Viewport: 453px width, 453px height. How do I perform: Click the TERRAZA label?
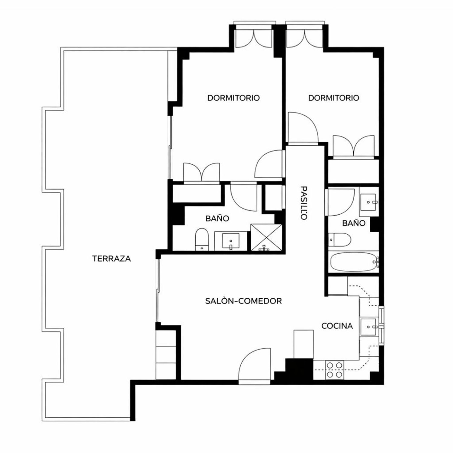[x=111, y=259]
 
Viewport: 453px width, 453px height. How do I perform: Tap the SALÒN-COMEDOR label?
[x=243, y=301]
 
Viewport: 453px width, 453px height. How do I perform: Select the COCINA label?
[x=337, y=326]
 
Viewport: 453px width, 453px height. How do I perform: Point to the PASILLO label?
[x=304, y=203]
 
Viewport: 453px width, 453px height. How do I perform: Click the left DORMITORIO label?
[x=233, y=98]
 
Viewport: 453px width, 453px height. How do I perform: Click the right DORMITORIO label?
[x=334, y=98]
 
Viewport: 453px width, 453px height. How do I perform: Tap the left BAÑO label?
[x=217, y=218]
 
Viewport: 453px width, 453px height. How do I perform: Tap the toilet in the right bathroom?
[x=339, y=240]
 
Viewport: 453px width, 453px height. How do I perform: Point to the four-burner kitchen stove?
[x=335, y=370]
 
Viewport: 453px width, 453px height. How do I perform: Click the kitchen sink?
[x=368, y=326]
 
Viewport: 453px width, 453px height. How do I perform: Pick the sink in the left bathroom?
[x=231, y=241]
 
